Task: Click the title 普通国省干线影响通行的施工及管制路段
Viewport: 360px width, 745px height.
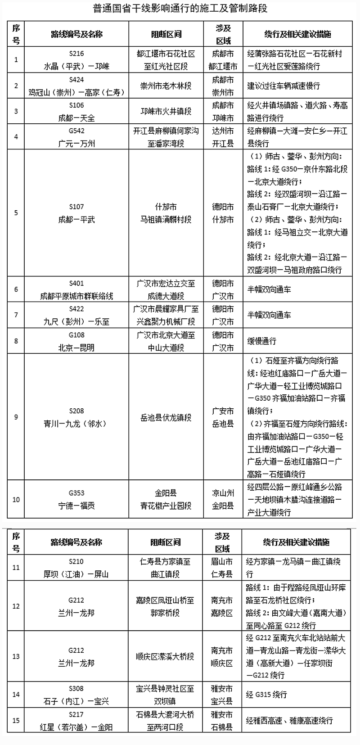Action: (180, 9)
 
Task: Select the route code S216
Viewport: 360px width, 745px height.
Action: (76, 54)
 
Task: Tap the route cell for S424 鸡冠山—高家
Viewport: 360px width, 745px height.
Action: (76, 86)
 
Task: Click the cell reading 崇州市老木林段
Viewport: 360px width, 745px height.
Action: (166, 86)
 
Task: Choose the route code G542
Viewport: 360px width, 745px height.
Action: (76, 131)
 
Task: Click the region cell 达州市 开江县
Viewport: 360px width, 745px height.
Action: (223, 137)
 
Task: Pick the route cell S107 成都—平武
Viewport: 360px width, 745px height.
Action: (76, 213)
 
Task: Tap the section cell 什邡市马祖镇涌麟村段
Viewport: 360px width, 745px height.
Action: (166, 213)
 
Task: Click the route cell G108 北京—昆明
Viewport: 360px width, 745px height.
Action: (76, 341)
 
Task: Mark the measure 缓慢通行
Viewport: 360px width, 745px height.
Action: (261, 341)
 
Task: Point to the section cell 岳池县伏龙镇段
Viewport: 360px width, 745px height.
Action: (166, 417)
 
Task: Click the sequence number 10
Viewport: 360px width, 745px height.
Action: (16, 500)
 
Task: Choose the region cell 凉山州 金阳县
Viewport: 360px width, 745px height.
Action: (223, 500)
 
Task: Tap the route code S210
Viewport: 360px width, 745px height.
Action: (76, 561)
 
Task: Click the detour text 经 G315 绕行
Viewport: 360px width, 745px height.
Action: (266, 695)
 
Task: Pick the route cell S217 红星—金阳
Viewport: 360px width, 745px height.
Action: (76, 721)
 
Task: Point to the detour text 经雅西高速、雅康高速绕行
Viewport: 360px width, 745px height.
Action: (289, 721)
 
